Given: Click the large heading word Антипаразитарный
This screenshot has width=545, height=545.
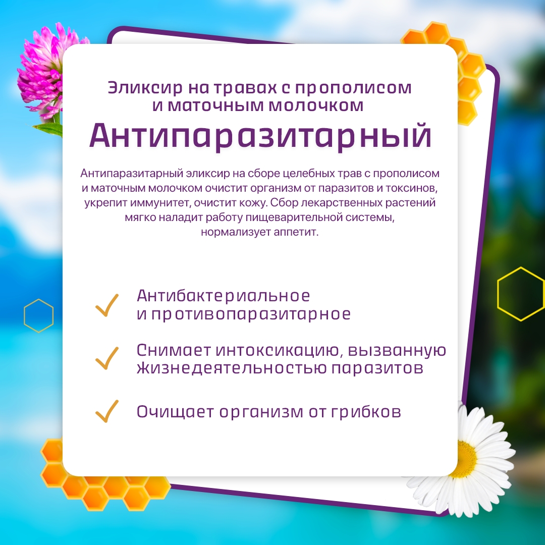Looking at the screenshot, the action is coord(260,136).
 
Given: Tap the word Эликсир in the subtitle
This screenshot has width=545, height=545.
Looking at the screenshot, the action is coord(145,88).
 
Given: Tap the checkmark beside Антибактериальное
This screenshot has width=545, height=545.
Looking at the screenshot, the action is coord(106,305).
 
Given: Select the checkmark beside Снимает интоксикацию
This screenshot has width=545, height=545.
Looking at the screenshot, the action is coord(106,358).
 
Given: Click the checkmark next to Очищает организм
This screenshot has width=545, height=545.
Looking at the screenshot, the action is coord(106,411).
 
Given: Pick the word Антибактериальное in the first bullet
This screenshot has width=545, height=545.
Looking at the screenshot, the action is coord(223,296).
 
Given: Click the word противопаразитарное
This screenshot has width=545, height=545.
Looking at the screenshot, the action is coord(251,314).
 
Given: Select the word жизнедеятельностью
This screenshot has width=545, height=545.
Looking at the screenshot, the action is coord(232,368).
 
